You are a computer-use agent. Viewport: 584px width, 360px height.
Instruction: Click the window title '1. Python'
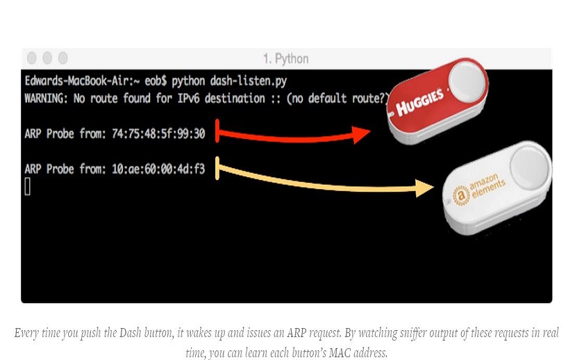(285, 58)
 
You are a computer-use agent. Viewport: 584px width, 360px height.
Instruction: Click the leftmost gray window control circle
(31, 58)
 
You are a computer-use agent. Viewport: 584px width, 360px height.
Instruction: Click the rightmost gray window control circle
(63, 58)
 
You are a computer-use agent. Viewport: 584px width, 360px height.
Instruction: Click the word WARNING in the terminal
(47, 98)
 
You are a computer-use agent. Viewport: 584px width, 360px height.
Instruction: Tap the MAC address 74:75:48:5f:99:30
(158, 133)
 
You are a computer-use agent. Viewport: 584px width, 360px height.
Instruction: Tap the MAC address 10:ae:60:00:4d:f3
(158, 169)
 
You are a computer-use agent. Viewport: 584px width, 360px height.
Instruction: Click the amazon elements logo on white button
(481, 190)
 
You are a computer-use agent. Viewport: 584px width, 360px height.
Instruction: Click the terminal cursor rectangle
(28, 186)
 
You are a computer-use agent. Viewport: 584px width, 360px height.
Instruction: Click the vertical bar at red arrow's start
(217, 131)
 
